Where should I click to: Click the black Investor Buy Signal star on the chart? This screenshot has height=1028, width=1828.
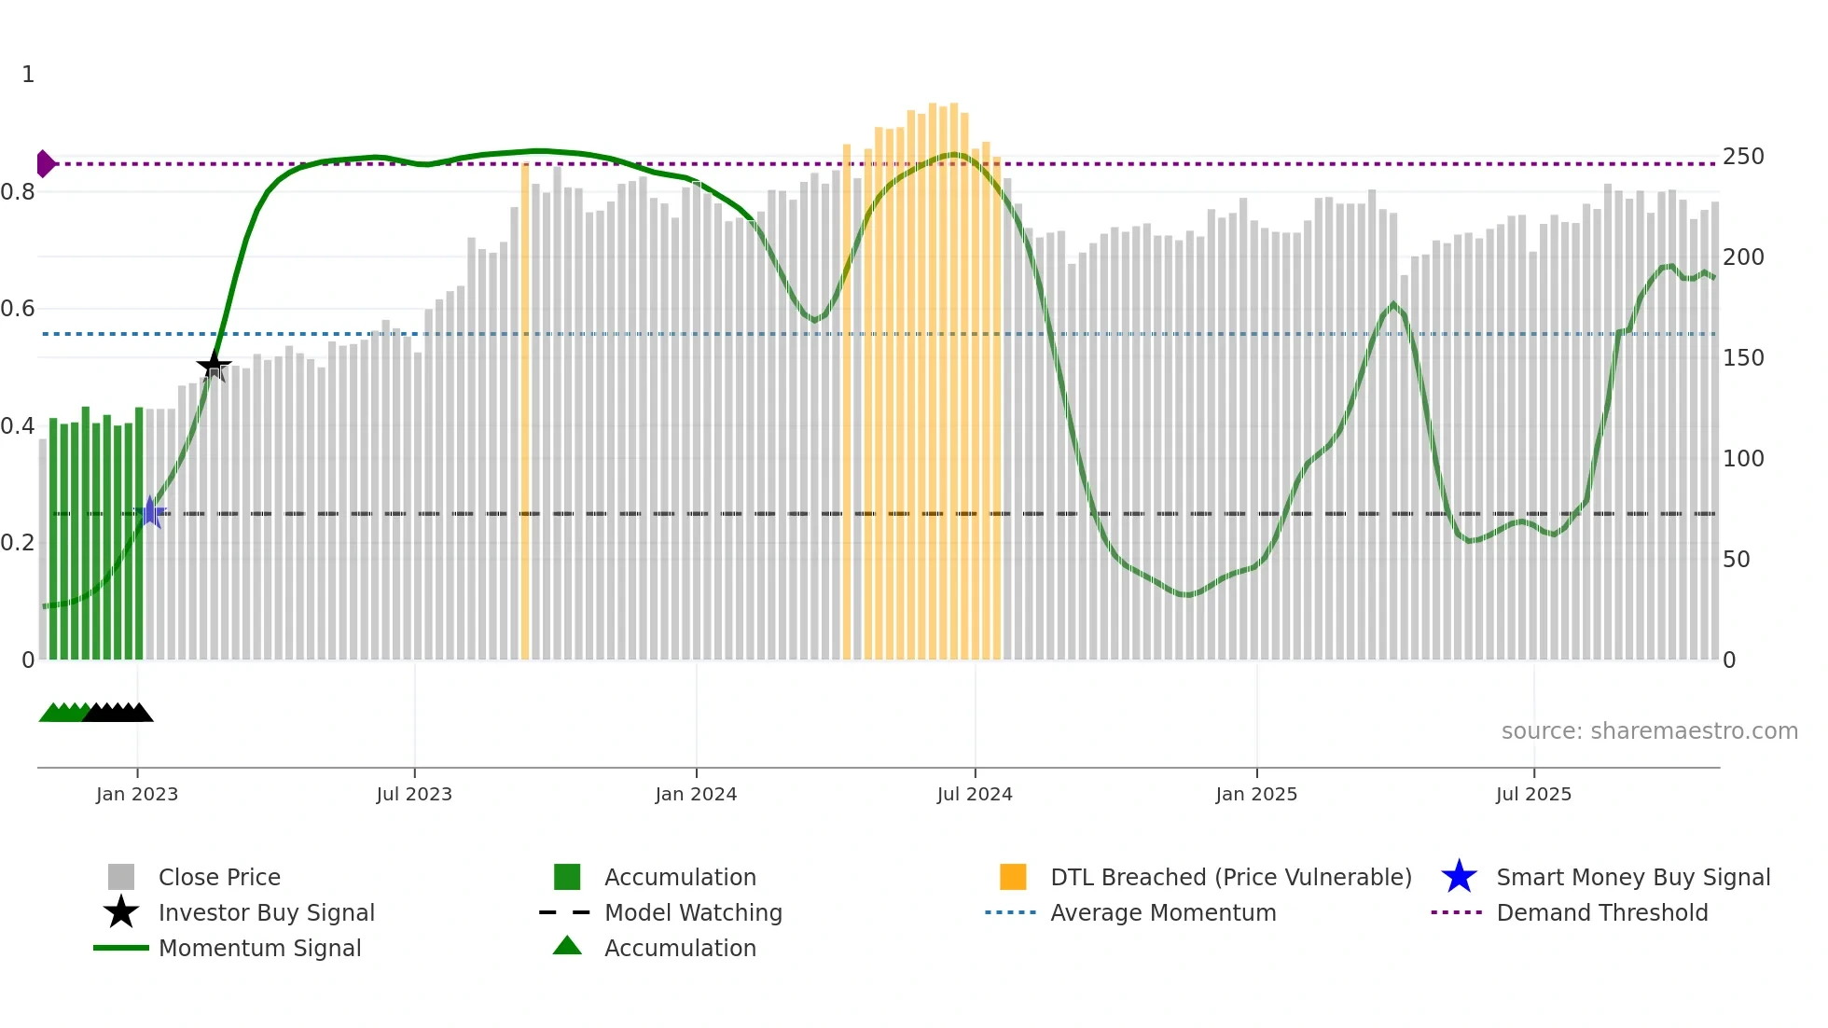point(214,365)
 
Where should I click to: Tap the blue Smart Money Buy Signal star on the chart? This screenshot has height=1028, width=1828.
point(150,512)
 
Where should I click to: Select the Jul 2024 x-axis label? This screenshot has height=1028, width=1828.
point(975,794)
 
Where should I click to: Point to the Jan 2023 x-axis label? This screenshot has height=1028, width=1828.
point(137,794)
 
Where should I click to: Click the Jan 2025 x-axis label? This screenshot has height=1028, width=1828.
point(1256,794)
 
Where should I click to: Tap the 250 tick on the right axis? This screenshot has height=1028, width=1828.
point(1743,157)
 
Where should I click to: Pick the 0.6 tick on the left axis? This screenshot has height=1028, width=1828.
point(18,309)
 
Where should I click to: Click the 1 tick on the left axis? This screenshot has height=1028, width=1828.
point(28,75)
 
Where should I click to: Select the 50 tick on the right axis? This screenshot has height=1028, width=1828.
point(1737,560)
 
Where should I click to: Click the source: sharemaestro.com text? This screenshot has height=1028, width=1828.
point(1649,731)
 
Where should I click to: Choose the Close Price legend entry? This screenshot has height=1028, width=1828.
point(219,877)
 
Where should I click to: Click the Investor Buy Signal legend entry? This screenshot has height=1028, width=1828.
point(266,912)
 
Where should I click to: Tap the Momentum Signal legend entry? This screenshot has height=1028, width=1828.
point(259,948)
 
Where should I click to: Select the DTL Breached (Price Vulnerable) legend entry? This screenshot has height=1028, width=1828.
point(1230,877)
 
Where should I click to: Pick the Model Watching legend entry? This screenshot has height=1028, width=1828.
point(693,912)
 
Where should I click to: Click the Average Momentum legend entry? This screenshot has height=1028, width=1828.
point(1163,912)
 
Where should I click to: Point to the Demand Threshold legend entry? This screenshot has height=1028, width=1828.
point(1601,912)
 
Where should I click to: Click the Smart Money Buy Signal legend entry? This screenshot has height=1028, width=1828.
point(1632,877)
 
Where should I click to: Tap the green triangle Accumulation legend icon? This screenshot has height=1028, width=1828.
point(567,946)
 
